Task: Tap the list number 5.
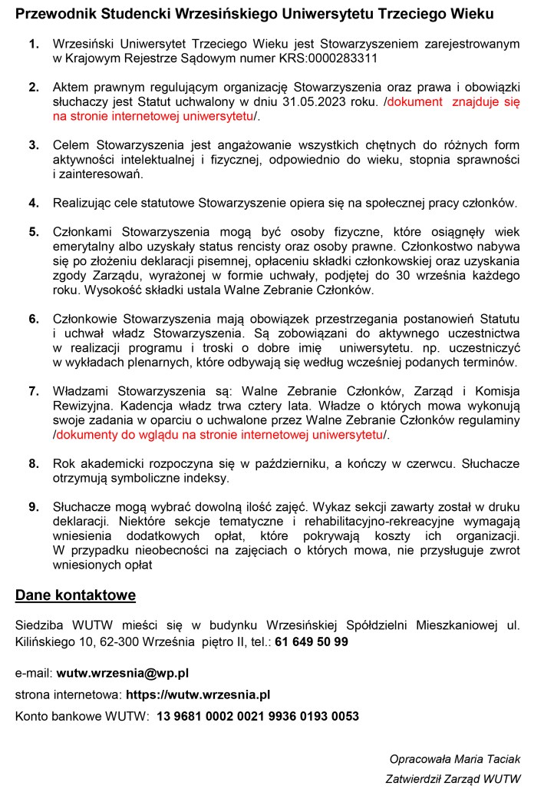click(x=34, y=231)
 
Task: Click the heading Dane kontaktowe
click(x=76, y=595)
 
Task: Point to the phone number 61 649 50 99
click(x=312, y=641)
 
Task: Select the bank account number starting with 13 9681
click(x=258, y=716)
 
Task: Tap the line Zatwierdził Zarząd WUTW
click(x=453, y=779)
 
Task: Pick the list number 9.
click(x=34, y=507)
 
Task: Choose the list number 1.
click(x=34, y=44)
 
